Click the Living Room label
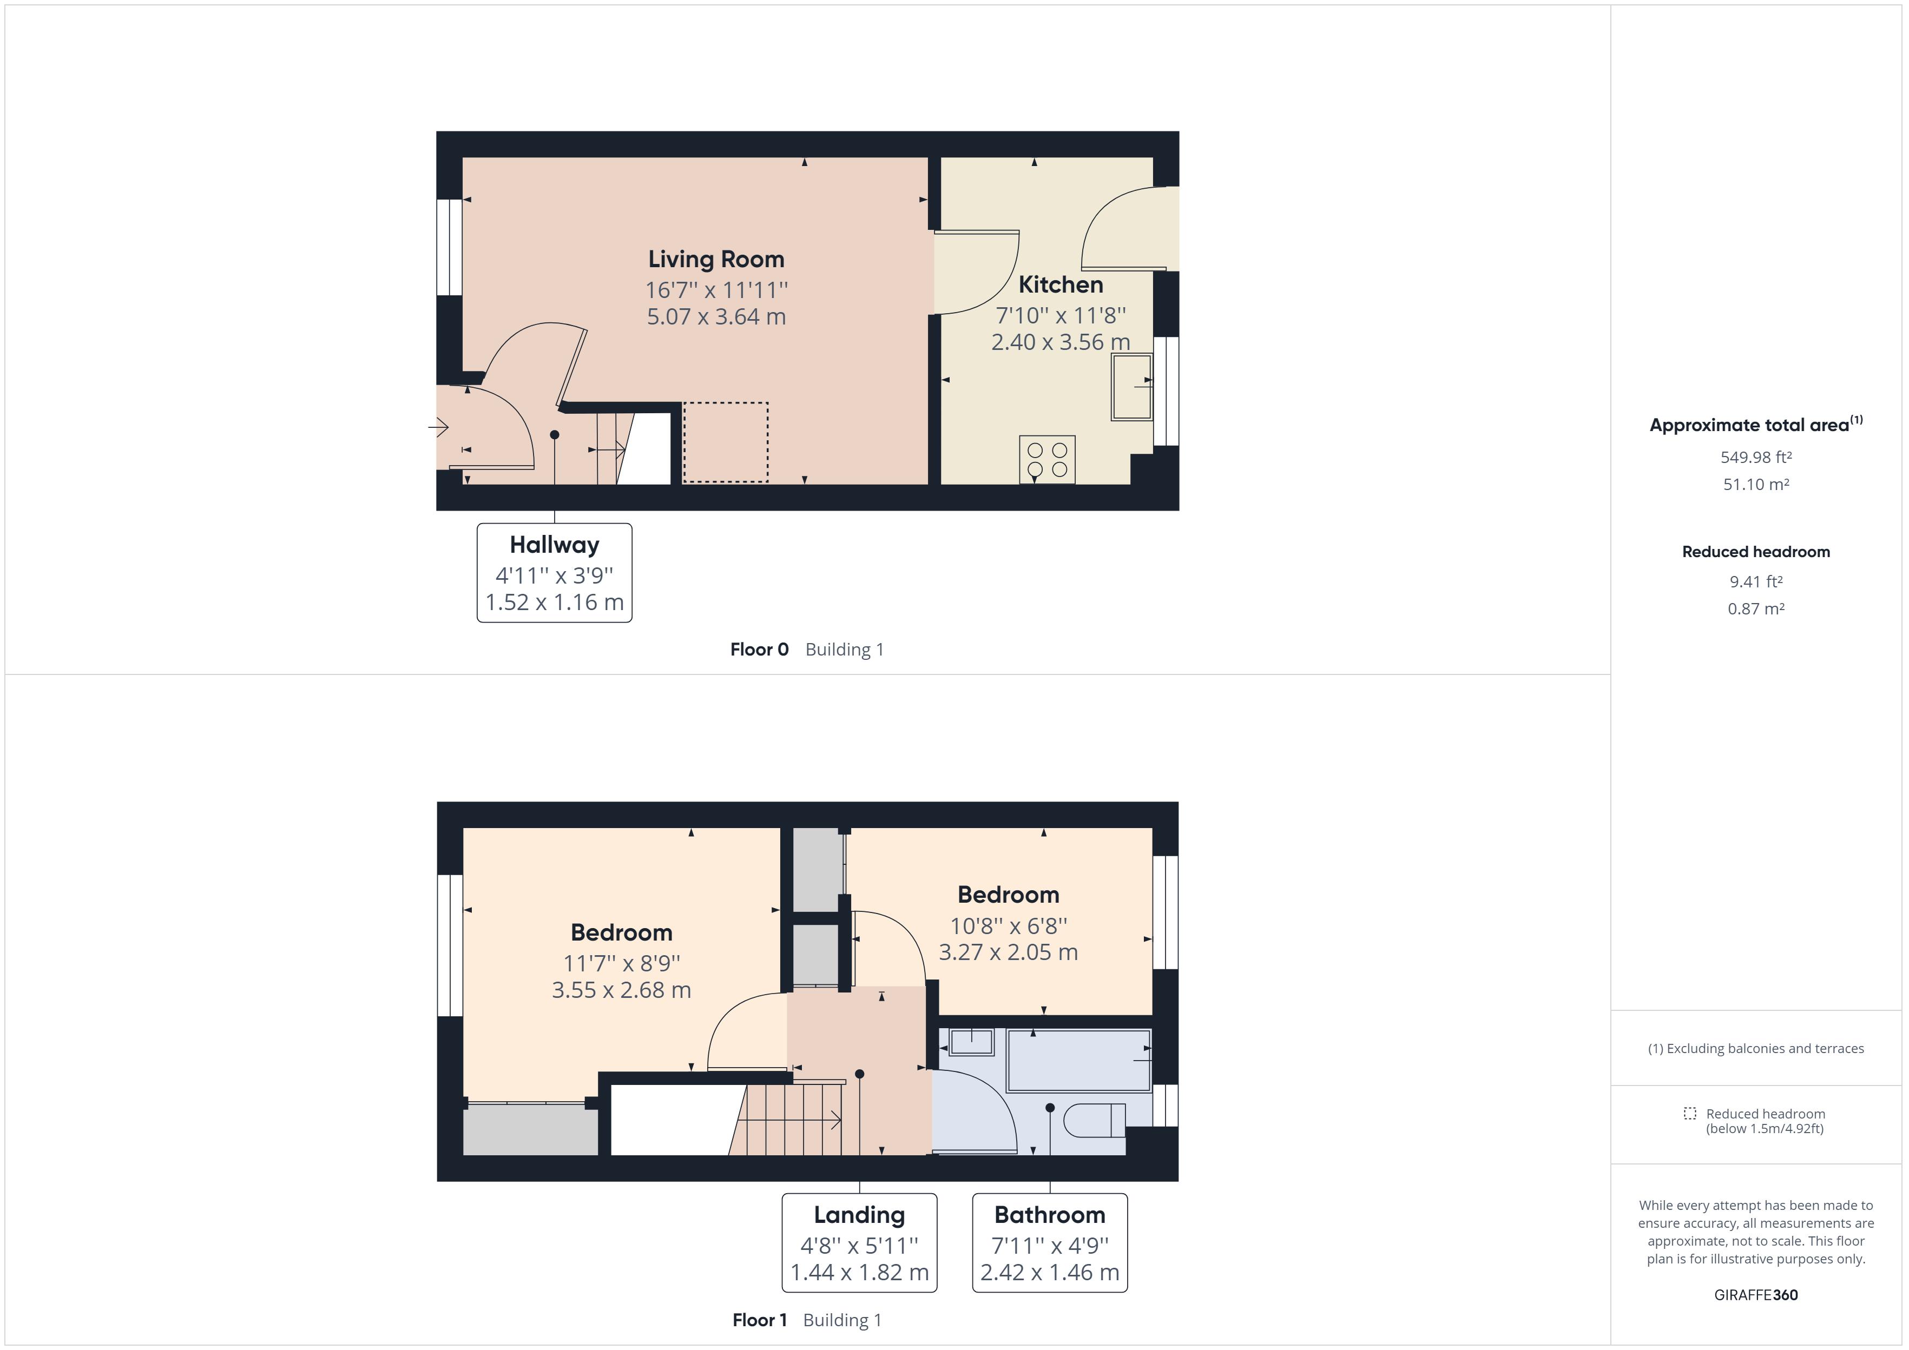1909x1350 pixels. [x=716, y=260]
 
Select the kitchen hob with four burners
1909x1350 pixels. [x=1047, y=460]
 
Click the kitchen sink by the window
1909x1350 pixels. [x=1131, y=387]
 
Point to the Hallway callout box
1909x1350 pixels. [x=555, y=573]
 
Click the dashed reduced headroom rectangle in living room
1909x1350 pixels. [x=725, y=442]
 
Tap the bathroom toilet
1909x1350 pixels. [x=1094, y=1120]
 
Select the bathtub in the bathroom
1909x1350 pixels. [x=1078, y=1060]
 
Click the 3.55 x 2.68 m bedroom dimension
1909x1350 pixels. [x=621, y=990]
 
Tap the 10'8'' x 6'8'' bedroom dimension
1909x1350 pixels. [x=1009, y=925]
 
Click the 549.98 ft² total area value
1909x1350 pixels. [x=1755, y=457]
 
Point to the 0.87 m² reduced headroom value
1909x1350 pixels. [x=1755, y=608]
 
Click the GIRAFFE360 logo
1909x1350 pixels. [x=1755, y=1294]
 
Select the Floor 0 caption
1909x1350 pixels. [x=759, y=649]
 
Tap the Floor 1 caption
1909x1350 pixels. [x=759, y=1320]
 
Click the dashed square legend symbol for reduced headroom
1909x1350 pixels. [x=1689, y=1113]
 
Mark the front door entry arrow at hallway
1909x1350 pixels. [x=439, y=427]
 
